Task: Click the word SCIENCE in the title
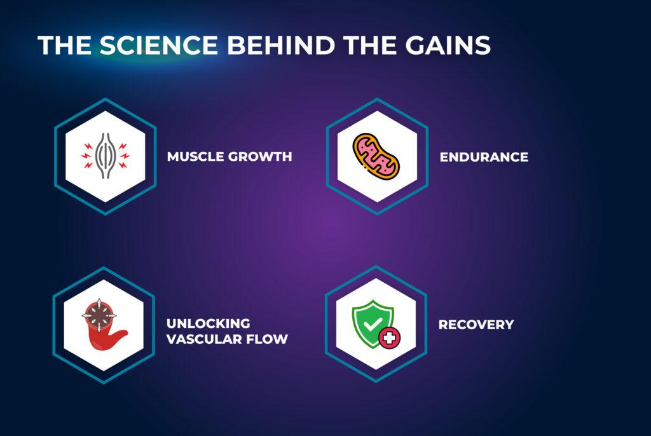tap(158, 45)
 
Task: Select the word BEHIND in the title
tap(281, 45)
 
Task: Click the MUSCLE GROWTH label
tap(229, 156)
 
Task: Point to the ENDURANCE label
tap(484, 157)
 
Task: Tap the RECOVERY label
tap(476, 324)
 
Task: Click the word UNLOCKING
tap(208, 324)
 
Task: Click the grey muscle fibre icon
tap(105, 156)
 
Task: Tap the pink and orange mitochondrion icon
tap(376, 156)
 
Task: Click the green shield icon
tap(373, 323)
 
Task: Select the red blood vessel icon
tap(104, 325)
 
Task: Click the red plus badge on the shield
tap(390, 337)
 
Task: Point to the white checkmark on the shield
tap(373, 323)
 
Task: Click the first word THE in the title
tap(64, 45)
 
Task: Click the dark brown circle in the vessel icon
tap(99, 315)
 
